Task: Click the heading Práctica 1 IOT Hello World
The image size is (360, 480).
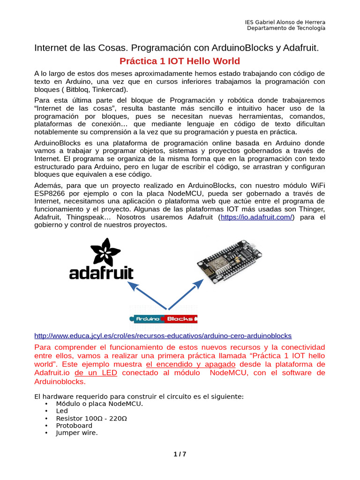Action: coord(180,61)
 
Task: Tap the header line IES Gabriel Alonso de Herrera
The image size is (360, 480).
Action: coord(285,22)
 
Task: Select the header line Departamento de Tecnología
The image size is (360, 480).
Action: coord(286,28)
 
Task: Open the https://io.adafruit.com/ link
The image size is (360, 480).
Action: coord(256,217)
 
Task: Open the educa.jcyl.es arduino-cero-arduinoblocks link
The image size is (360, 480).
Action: coord(163,336)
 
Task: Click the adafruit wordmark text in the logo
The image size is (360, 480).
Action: coord(101,273)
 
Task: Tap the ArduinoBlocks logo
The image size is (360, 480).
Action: coord(164,319)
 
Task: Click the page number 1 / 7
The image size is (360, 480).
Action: coord(180,454)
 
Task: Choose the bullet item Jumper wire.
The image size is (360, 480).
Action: coord(77,433)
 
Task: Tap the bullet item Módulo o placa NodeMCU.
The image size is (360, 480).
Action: coord(99,404)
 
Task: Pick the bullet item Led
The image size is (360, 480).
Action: coord(62,411)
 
